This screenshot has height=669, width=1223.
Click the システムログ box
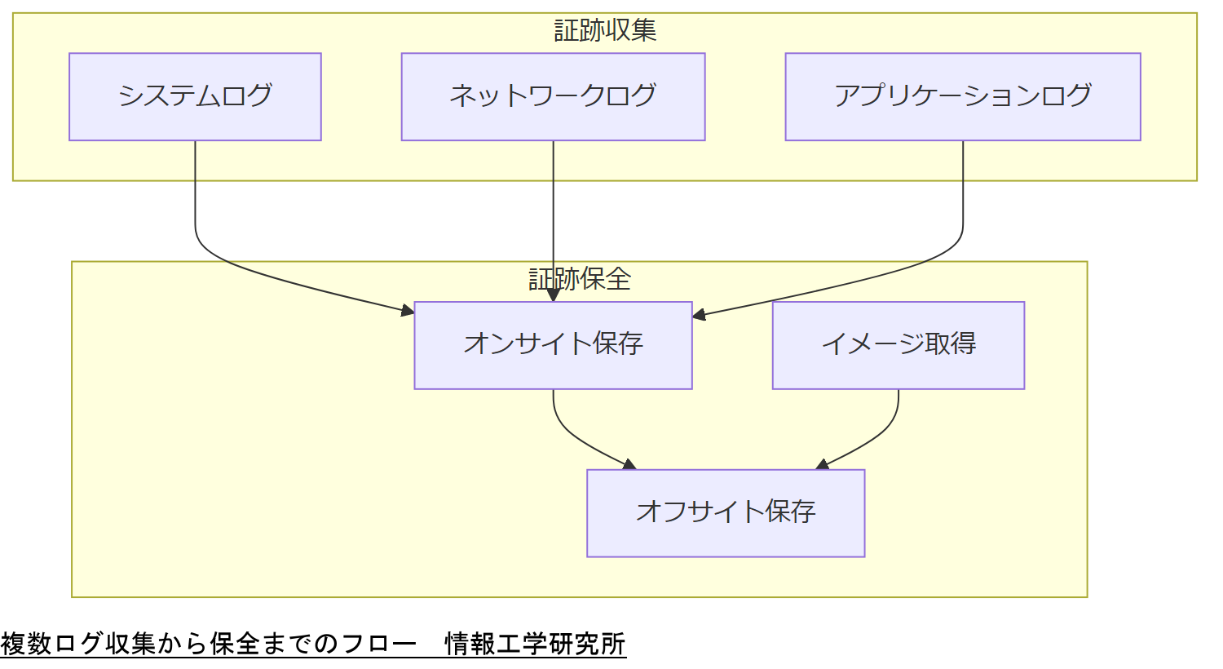pos(195,97)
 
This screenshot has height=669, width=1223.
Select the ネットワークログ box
pos(553,97)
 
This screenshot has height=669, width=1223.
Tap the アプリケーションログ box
pos(962,97)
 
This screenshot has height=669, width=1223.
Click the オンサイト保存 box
pos(553,345)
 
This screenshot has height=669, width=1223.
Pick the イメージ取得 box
pos(898,345)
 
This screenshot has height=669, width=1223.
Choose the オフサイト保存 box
pos(726,513)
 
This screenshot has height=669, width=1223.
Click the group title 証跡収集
pos(605,31)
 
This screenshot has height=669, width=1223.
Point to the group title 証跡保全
pos(580,279)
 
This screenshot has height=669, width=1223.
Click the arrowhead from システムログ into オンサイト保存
pos(408,310)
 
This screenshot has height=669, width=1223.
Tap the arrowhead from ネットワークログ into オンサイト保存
pos(554,295)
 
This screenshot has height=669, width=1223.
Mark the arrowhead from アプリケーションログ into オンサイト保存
pos(699,314)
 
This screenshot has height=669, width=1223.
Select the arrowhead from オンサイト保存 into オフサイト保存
pos(629,465)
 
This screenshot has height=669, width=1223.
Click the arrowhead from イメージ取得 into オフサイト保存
pos(823,465)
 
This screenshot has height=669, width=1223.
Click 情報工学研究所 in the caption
pos(535,644)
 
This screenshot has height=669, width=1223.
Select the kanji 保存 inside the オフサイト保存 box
pos(790,512)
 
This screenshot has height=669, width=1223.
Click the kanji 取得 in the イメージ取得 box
pos(951,343)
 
